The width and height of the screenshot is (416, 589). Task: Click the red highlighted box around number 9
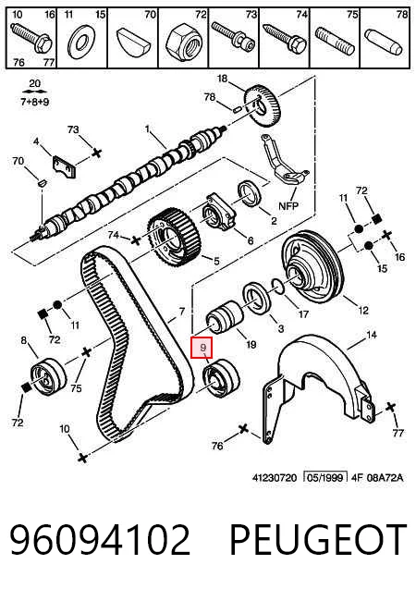coord(202,348)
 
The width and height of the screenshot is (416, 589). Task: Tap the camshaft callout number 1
coord(148,129)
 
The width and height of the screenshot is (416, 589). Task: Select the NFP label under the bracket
coord(288,206)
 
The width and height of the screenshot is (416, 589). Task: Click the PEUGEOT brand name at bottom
coord(318,540)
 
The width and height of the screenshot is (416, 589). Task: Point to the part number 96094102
coord(100,540)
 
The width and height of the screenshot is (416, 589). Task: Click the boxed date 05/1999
coord(325,477)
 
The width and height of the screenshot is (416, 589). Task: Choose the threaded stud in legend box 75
coord(334,41)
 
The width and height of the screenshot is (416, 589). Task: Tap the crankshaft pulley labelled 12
coord(310,267)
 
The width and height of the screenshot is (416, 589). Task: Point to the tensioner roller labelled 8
coord(48,377)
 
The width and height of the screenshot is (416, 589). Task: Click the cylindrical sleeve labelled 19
coord(226,318)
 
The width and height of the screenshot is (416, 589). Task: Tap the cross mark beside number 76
coord(244,428)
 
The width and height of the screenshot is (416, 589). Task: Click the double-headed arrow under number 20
coord(34,92)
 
